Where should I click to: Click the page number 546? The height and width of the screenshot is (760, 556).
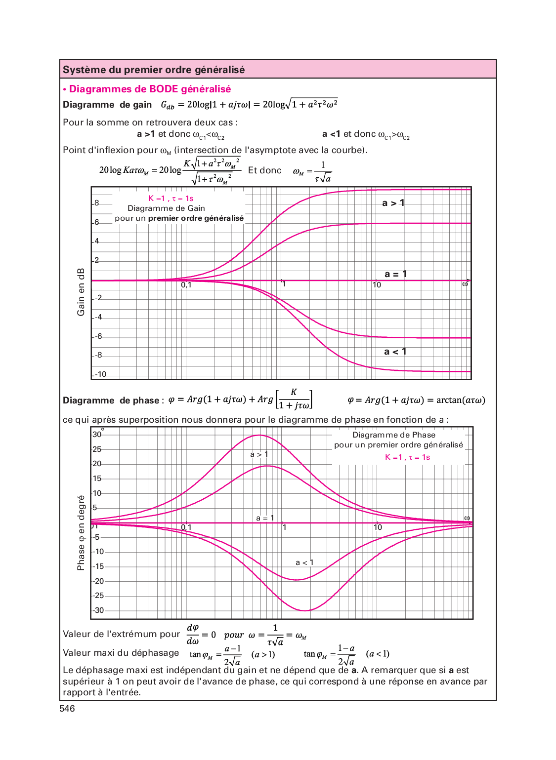pos(67,709)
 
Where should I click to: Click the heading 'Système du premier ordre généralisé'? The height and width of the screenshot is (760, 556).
pos(154,70)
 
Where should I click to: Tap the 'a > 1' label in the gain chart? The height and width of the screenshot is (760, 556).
pos(393,203)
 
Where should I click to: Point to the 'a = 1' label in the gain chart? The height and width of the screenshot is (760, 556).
pos(395,274)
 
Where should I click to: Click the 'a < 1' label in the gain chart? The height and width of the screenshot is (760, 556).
pos(395,352)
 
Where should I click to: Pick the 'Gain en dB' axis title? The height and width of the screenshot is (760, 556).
pos(81,292)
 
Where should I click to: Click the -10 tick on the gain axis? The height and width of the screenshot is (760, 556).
pos(101,374)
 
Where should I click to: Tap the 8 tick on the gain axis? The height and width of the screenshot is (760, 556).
pos(97,203)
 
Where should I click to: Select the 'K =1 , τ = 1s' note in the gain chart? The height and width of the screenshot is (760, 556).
pos(171,199)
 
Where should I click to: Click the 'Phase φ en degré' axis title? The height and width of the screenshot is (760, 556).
pos(81,533)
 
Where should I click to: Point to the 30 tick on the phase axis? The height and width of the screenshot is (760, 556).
pos(97,435)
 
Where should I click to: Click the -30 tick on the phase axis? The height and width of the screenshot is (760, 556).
pos(99,610)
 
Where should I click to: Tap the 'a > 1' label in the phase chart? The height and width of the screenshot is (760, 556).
pos(259,454)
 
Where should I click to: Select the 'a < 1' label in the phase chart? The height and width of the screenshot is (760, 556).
pos(304,562)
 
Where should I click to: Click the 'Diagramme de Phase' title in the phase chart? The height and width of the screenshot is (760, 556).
pos(394,435)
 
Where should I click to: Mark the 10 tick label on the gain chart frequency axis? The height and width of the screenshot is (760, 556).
pos(377,285)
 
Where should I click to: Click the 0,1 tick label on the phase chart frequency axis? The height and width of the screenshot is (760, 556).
pos(186,527)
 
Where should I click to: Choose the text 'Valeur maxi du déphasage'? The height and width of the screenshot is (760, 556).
pos(121,653)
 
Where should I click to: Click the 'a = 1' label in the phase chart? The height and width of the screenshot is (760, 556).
pos(265,518)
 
